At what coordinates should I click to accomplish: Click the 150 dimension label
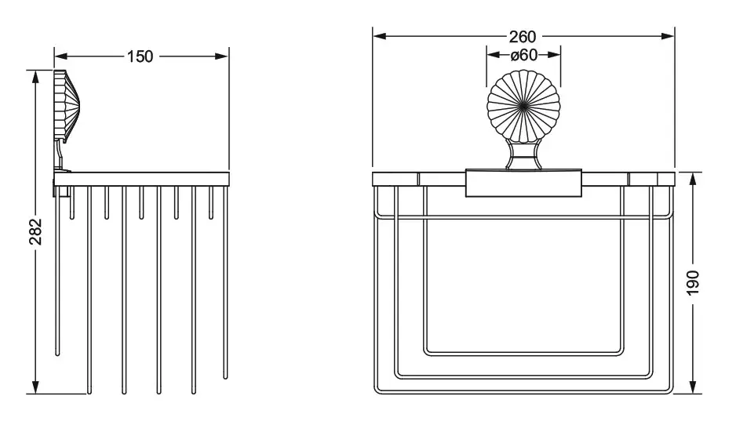[x=140, y=56]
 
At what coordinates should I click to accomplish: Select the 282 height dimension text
[x=35, y=231]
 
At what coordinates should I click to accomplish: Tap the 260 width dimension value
[x=523, y=37]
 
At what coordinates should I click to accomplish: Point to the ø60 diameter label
[x=524, y=55]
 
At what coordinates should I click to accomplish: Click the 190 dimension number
[x=693, y=282]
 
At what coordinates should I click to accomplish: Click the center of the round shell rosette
[x=523, y=106]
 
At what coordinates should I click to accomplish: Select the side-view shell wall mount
[x=66, y=107]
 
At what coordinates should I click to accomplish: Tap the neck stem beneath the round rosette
[x=524, y=155]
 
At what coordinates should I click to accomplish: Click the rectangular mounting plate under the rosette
[x=524, y=183]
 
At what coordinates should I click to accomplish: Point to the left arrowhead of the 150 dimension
[x=61, y=56]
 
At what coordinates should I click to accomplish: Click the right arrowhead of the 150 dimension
[x=221, y=56]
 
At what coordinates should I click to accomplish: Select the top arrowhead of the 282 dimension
[x=35, y=78]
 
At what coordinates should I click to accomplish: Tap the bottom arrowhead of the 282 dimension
[x=35, y=387]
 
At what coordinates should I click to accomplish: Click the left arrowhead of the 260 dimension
[x=380, y=36]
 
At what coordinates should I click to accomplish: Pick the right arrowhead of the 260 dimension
[x=668, y=36]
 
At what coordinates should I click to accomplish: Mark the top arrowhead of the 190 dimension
[x=693, y=180]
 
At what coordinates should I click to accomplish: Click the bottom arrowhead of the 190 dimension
[x=693, y=387]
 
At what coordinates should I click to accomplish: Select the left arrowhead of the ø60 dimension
[x=494, y=55]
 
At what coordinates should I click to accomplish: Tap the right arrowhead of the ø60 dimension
[x=554, y=55]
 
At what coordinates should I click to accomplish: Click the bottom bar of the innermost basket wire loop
[x=524, y=354]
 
